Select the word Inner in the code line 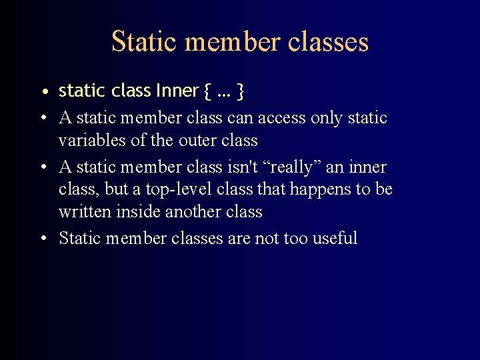(177, 90)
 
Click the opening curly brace (207, 91)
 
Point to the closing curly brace (240, 91)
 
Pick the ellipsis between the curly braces (224, 91)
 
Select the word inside (133, 212)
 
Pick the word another (195, 212)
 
